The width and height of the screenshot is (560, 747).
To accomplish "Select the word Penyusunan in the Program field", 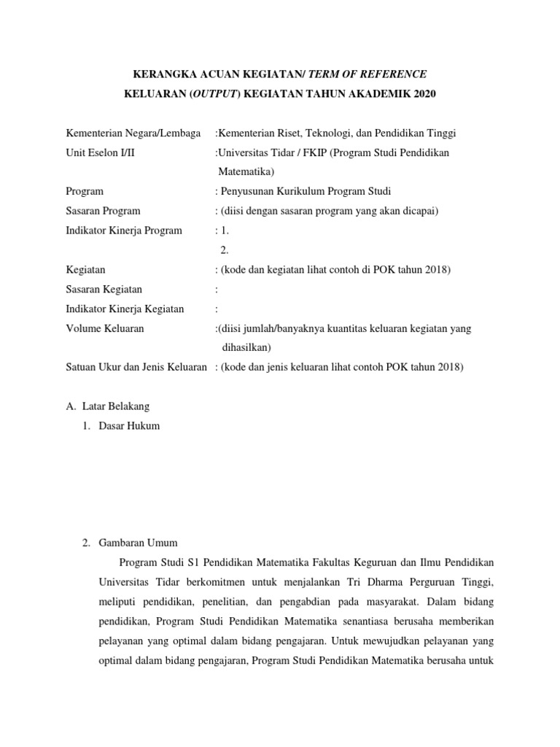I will (x=249, y=191).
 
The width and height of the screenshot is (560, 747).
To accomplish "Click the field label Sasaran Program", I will (x=102, y=211).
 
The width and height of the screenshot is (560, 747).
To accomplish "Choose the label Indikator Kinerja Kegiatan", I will (x=125, y=309).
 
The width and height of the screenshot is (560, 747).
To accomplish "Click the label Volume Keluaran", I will (x=104, y=328).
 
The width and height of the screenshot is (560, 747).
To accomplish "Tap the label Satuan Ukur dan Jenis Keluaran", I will (x=136, y=368).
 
